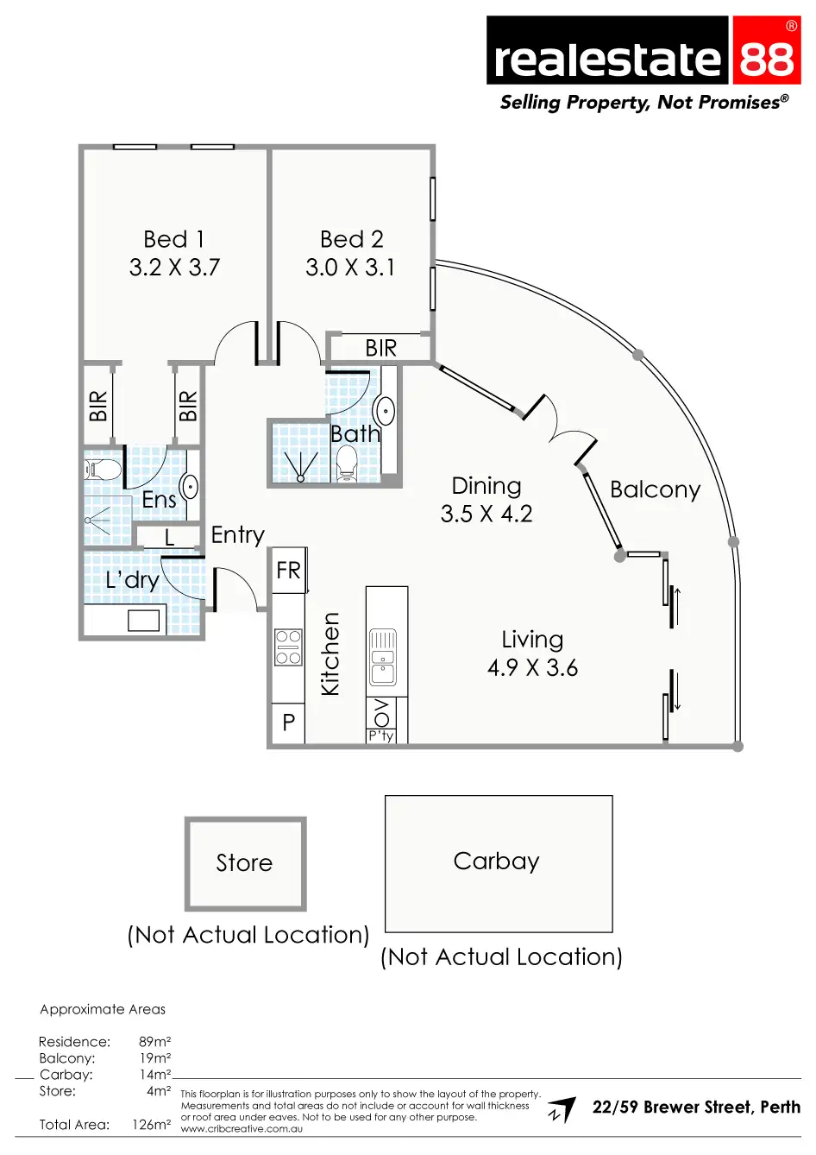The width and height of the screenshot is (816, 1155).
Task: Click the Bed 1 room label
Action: point(173,239)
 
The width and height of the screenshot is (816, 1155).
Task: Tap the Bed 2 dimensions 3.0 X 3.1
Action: point(350,268)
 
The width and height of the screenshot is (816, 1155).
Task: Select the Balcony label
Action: point(655,489)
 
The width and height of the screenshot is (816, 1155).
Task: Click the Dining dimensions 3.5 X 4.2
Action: point(486,514)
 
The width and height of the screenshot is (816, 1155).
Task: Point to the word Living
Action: point(532,640)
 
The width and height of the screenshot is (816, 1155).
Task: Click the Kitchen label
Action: point(330,653)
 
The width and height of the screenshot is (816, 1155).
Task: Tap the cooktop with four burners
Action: point(288,647)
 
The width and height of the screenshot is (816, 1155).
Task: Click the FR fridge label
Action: point(288,571)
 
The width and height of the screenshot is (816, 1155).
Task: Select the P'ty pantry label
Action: point(381,735)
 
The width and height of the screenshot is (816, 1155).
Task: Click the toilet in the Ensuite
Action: point(103,470)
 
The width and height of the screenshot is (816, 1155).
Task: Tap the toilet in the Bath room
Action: point(347,465)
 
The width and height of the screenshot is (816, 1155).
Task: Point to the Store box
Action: point(245,862)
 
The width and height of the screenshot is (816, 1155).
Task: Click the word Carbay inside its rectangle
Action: point(496,861)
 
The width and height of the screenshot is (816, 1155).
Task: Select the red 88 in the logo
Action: point(766,59)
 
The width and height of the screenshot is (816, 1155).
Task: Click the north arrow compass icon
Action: point(562,1110)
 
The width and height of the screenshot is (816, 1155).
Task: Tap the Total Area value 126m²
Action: point(151,1125)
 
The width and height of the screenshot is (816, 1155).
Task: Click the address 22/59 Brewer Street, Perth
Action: point(696,1108)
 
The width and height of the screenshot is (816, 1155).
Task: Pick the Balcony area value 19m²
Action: point(154,1058)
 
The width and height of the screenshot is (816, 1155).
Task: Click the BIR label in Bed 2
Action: point(380,348)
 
